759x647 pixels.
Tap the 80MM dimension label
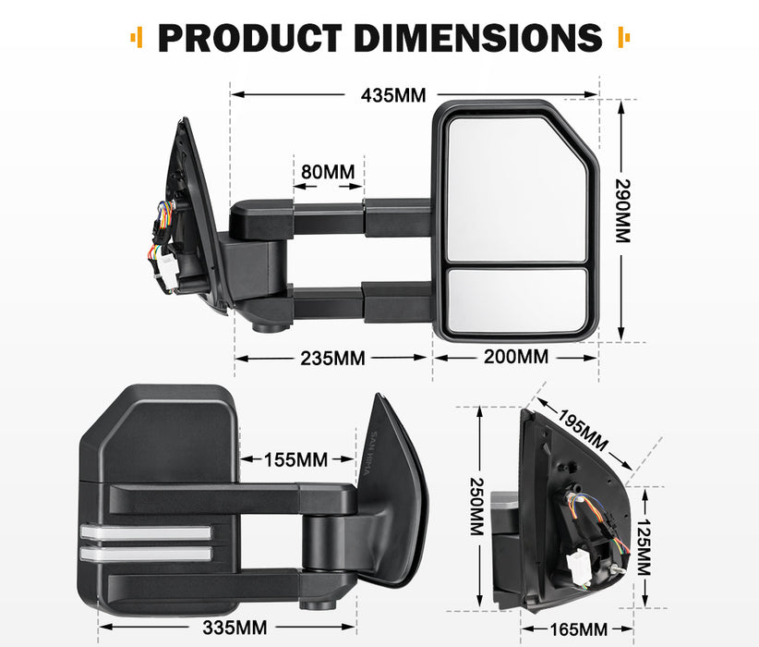(x=327, y=172)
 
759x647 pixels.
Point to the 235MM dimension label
(x=331, y=359)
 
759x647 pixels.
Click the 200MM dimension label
(x=514, y=357)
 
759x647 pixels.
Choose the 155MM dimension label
(x=295, y=458)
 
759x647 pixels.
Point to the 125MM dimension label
(x=643, y=546)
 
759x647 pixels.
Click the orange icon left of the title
(x=138, y=38)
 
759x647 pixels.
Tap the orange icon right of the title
(x=622, y=38)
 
